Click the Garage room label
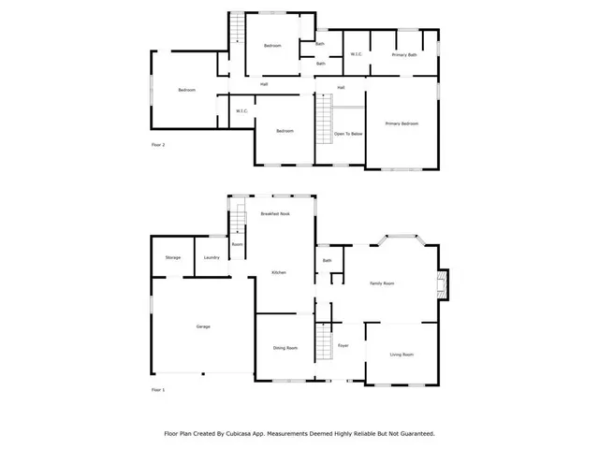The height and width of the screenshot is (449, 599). [202, 326]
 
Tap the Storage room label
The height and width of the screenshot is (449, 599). [173, 257]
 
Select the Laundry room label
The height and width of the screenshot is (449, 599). [212, 257]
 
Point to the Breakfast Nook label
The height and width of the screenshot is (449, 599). [274, 214]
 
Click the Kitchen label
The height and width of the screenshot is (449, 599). [278, 272]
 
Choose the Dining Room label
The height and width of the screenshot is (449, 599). [285, 348]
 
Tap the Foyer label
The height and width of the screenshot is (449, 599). [343, 346]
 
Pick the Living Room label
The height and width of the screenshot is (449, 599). [402, 355]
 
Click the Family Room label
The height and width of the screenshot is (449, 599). [382, 282]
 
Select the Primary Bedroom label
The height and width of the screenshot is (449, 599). [402, 123]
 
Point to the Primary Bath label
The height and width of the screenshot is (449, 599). [404, 55]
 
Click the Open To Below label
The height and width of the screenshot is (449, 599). [348, 134]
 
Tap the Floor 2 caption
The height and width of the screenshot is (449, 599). [158, 145]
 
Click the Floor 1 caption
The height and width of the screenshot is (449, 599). [158, 389]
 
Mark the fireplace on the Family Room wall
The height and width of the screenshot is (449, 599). [444, 283]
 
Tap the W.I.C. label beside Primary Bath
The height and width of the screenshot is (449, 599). [357, 55]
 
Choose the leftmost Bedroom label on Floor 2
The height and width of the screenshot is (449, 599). [186, 90]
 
